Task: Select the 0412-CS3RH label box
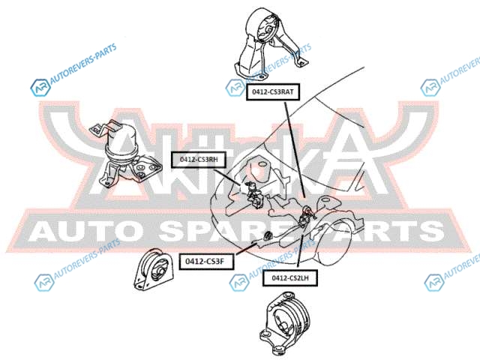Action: pos(198,159)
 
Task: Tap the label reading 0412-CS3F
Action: pos(205,261)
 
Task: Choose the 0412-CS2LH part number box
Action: pos(290,277)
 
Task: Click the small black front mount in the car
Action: pos(265,238)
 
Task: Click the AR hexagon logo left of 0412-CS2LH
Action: pos(238,281)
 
